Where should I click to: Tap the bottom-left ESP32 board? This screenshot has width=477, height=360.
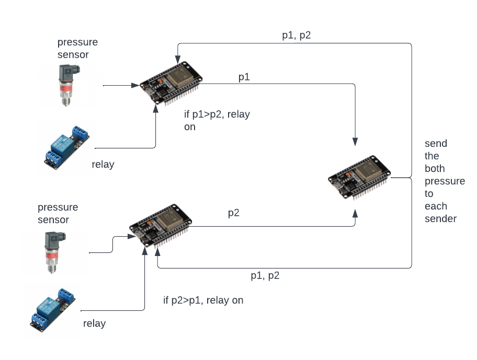[x=160, y=226]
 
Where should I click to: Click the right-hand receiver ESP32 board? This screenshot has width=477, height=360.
[x=359, y=178]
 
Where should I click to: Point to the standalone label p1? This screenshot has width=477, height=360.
[x=244, y=77]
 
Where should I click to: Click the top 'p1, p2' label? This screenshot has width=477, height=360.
[x=297, y=36]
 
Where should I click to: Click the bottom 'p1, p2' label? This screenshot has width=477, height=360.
[x=265, y=276]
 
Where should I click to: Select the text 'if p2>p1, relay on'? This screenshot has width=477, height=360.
[x=203, y=300]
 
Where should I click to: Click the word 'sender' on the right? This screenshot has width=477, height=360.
[x=440, y=218]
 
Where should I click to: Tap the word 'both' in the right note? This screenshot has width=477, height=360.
[x=435, y=168]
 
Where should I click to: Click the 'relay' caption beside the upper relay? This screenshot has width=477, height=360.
[x=103, y=165]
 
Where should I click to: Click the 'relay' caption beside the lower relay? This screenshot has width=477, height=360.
[x=94, y=323]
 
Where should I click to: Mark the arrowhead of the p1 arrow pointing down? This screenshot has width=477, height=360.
[x=355, y=142]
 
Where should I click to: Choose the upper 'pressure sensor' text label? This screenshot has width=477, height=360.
[x=77, y=49]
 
